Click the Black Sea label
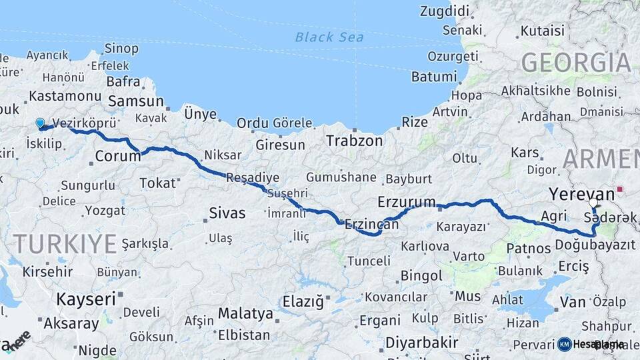coord(329,37)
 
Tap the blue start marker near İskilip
coord(40,123)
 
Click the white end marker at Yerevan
coord(593,202)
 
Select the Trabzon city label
coord(354,141)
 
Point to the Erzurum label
coord(406,201)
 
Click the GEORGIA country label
coord(575,62)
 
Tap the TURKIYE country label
coord(65,244)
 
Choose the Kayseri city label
coord(85,299)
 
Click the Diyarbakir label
coord(421,343)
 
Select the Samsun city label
coord(136,101)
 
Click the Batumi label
coord(433,77)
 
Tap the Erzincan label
coord(371,225)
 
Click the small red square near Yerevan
coord(620,190)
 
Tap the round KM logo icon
coord(565,344)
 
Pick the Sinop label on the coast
coord(121,49)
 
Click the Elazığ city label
coord(303,301)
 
